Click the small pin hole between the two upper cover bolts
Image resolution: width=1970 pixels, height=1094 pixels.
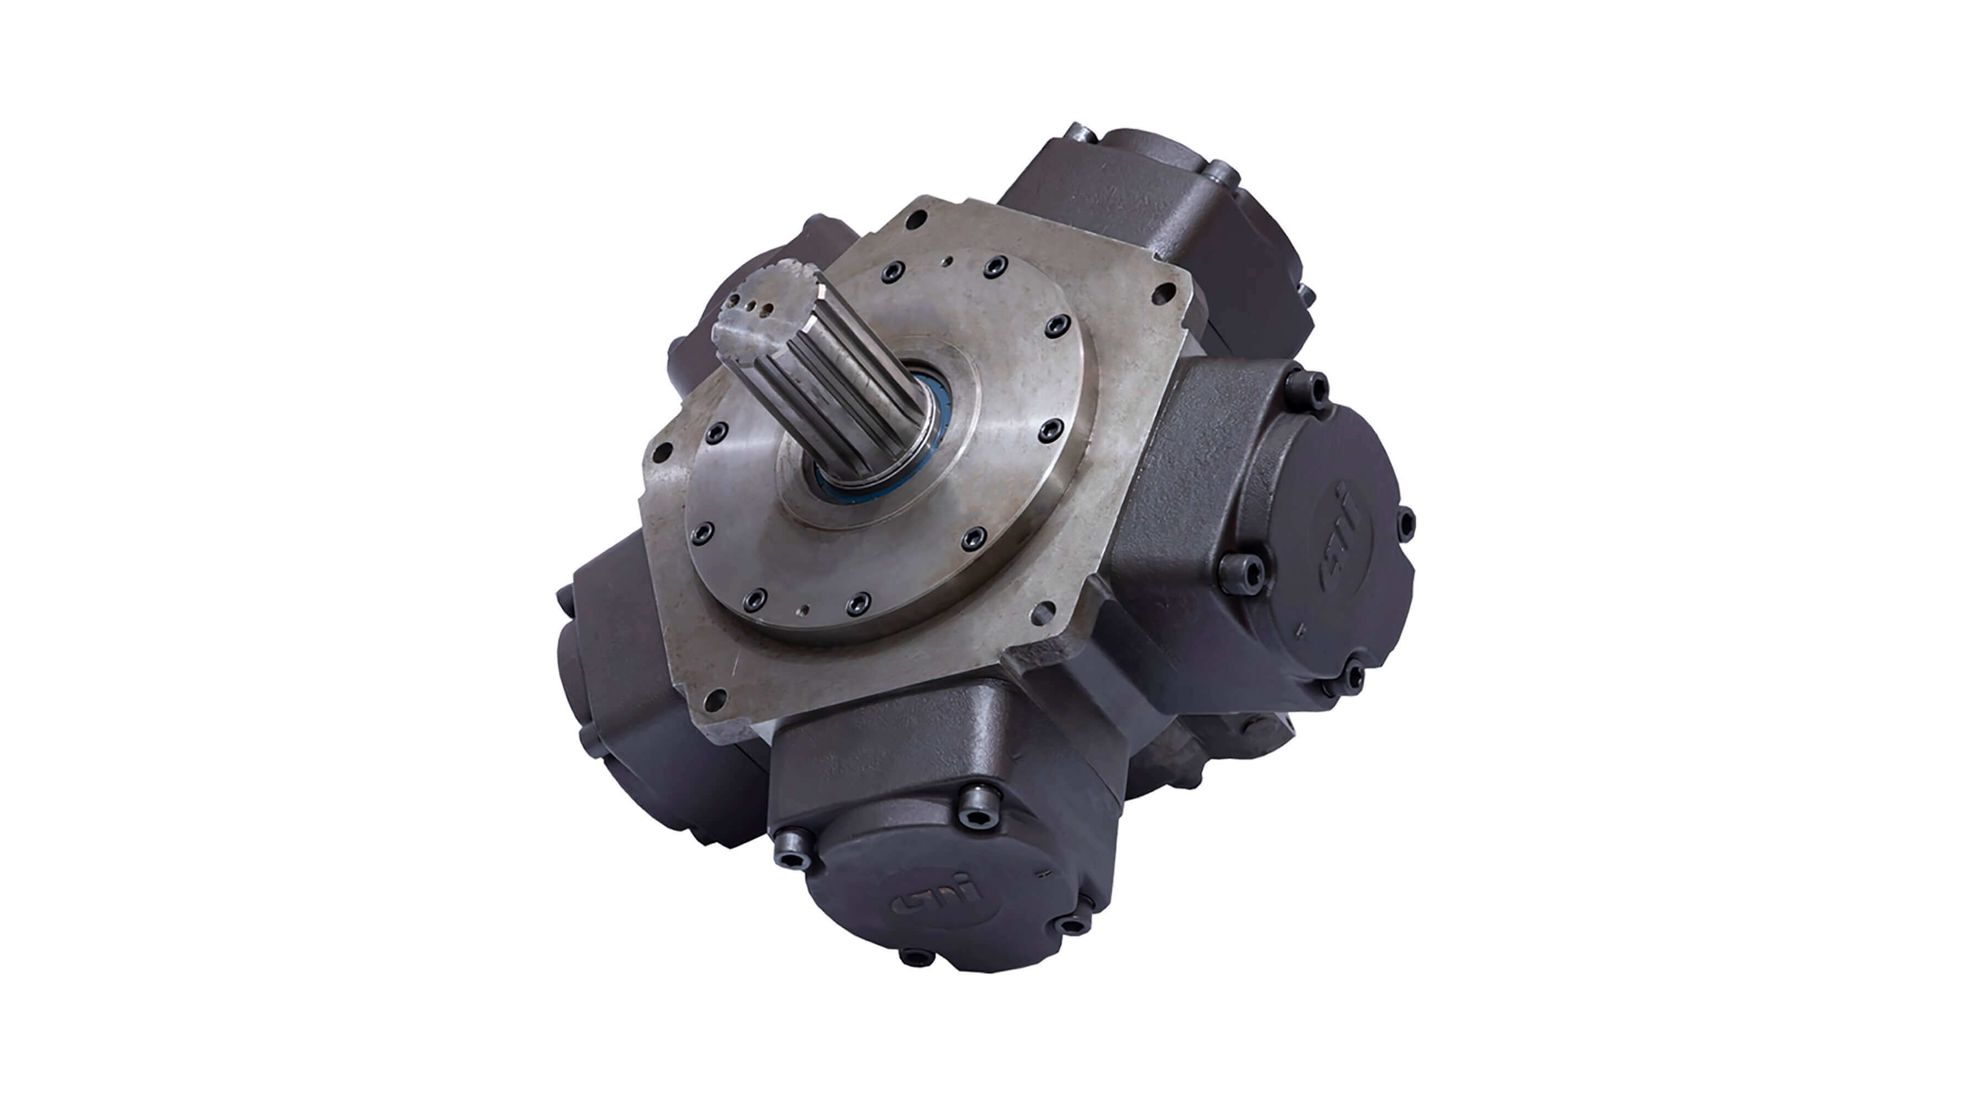tap(948, 261)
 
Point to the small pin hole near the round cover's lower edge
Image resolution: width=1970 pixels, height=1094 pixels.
tap(803, 610)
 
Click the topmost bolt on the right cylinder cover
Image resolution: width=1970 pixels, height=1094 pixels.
tap(1317, 382)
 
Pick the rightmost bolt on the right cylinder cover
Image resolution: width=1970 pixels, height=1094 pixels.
tap(1406, 521)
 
